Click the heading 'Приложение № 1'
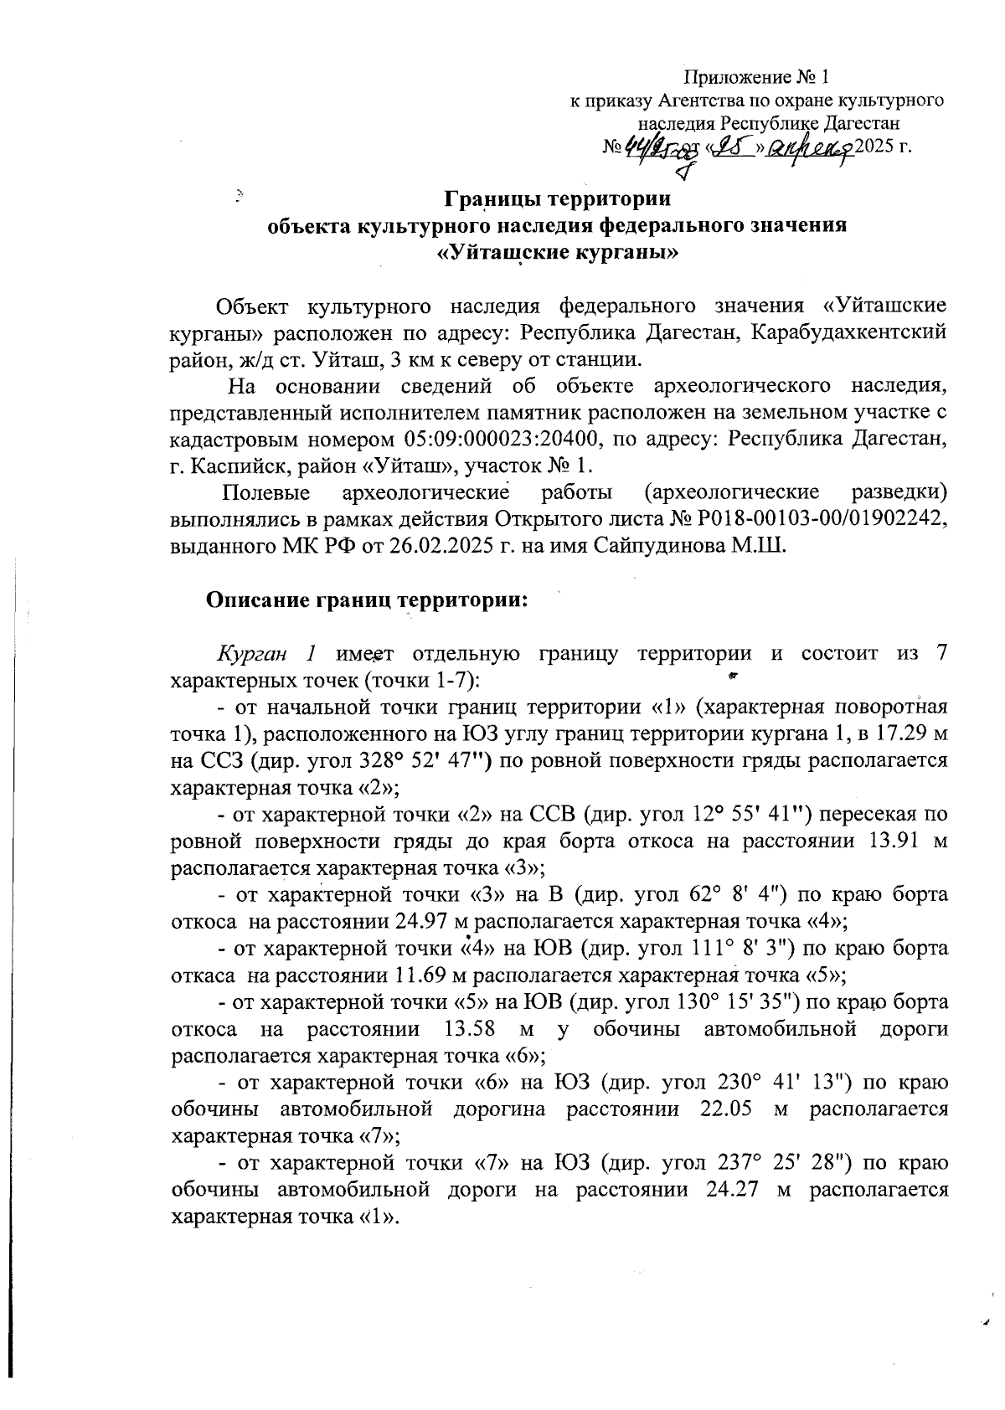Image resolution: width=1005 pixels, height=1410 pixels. [756, 79]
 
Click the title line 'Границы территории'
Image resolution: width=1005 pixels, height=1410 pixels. [556, 201]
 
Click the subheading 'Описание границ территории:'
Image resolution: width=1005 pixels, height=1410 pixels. [367, 600]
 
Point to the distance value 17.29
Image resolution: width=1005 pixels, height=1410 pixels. [895, 733]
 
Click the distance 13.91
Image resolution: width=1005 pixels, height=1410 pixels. [880, 841]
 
